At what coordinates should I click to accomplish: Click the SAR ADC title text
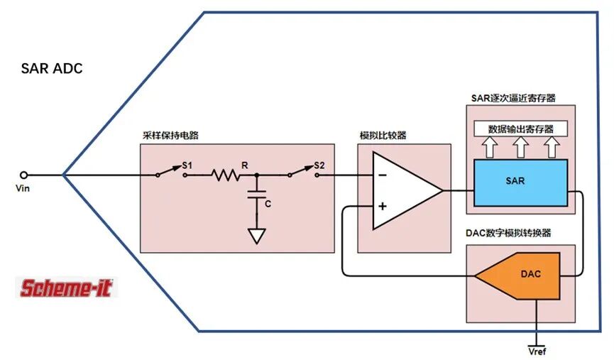(52, 69)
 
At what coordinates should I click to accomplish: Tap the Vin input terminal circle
(24, 175)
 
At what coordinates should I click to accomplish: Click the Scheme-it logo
(67, 288)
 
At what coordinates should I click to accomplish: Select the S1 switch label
(187, 165)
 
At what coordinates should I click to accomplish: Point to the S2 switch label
(319, 165)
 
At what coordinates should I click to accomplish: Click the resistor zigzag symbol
(226, 175)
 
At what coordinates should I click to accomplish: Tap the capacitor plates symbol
(257, 195)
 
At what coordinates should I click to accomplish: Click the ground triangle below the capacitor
(257, 236)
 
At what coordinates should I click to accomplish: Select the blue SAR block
(520, 182)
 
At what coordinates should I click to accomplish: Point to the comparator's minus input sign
(383, 175)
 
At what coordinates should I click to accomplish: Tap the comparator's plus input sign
(383, 206)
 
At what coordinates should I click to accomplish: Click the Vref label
(537, 351)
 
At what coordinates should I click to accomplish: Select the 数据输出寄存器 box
(520, 129)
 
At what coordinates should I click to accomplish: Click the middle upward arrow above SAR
(520, 147)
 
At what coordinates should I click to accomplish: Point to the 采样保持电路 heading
(170, 136)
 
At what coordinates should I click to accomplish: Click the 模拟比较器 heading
(383, 136)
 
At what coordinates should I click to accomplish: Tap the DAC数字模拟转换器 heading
(508, 233)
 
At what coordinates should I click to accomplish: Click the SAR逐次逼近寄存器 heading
(513, 98)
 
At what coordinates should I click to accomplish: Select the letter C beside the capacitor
(268, 204)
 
